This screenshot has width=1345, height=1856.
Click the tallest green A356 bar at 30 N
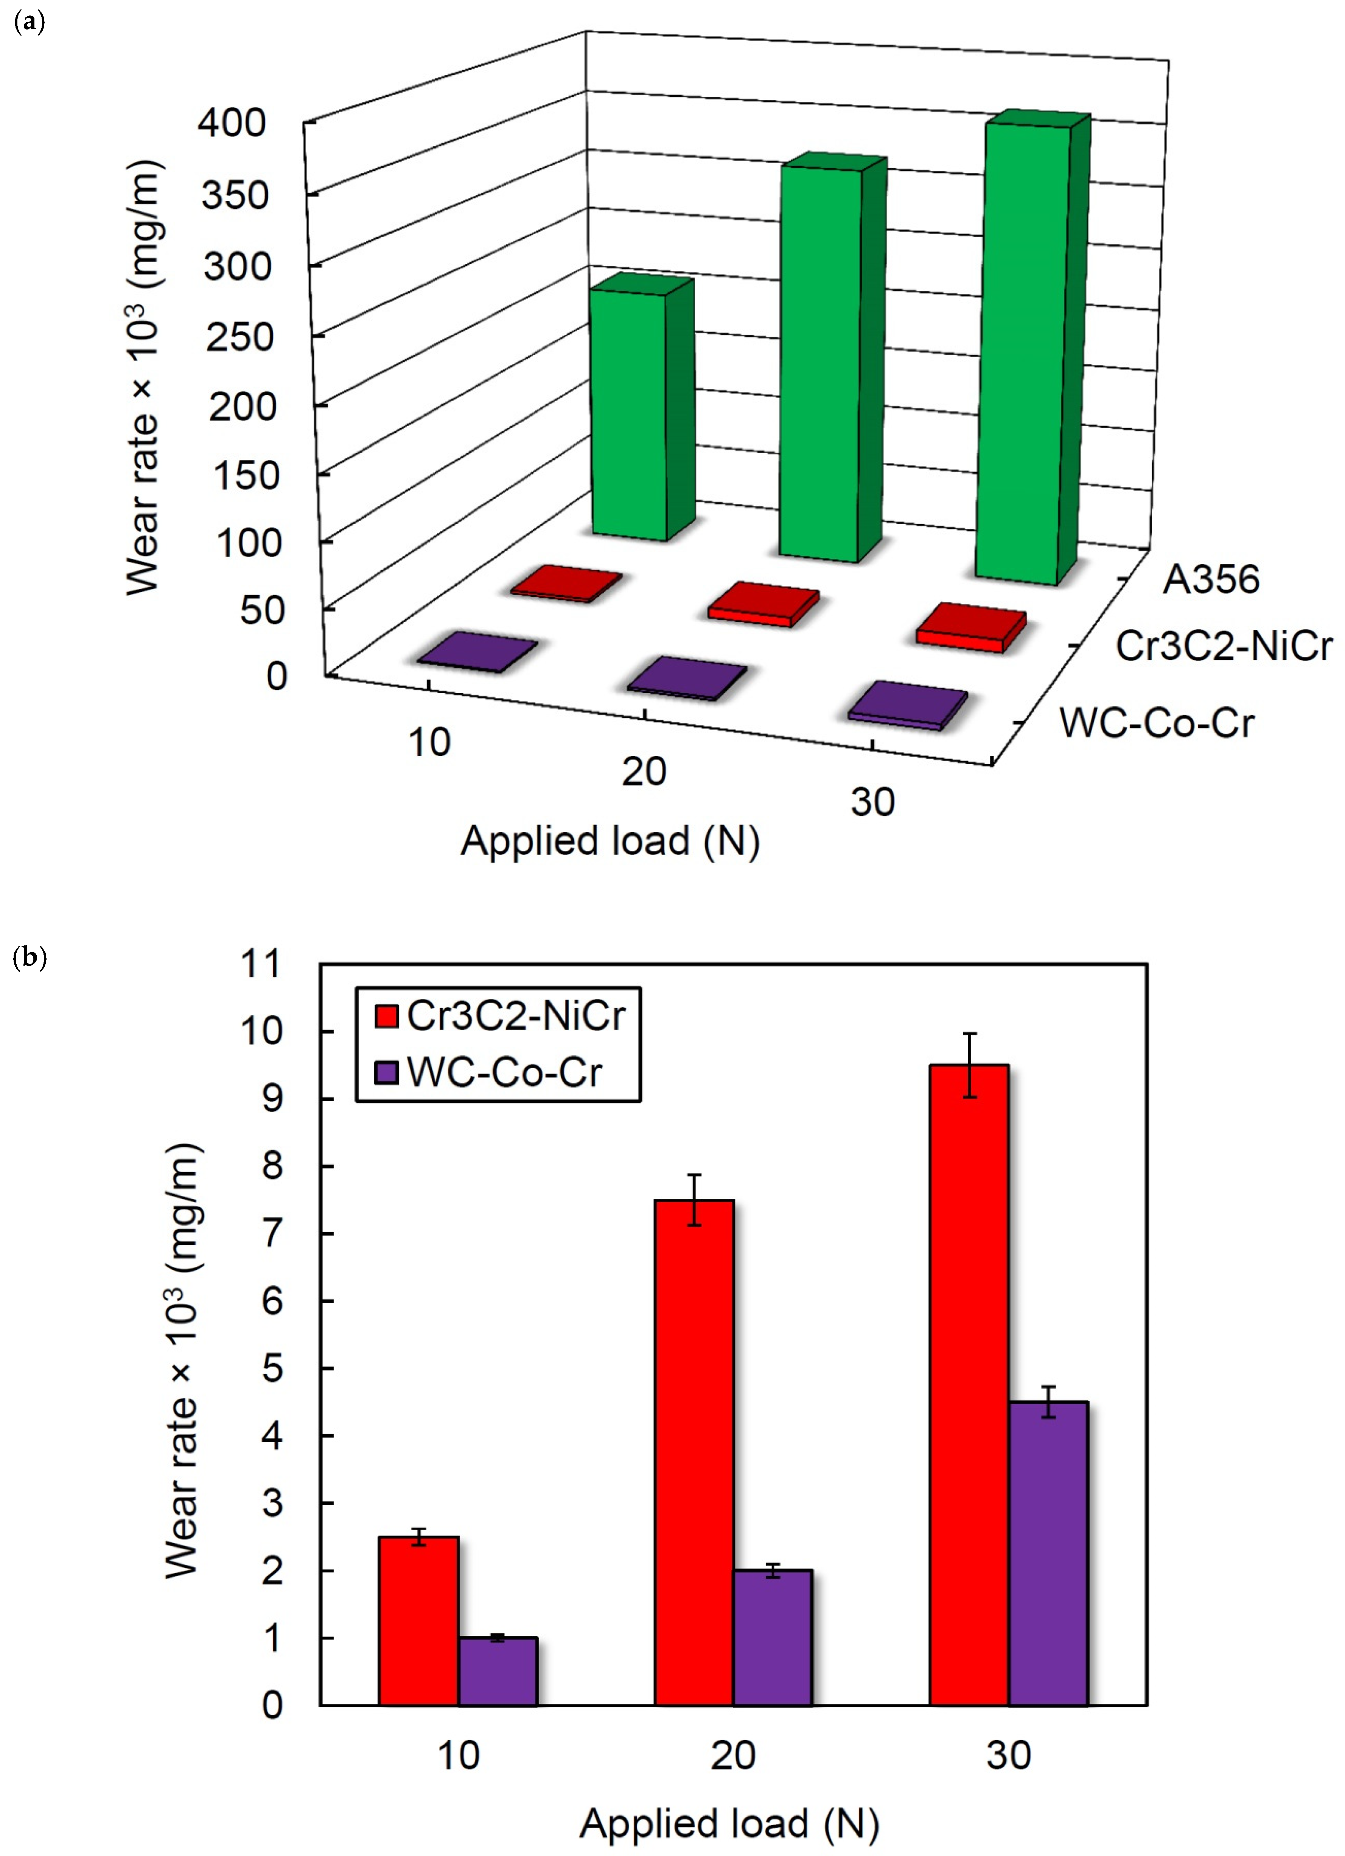[1023, 352]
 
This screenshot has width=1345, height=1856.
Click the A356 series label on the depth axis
[1211, 579]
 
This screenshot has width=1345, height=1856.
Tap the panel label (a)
[30, 22]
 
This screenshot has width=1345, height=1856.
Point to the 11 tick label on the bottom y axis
[260, 964]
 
